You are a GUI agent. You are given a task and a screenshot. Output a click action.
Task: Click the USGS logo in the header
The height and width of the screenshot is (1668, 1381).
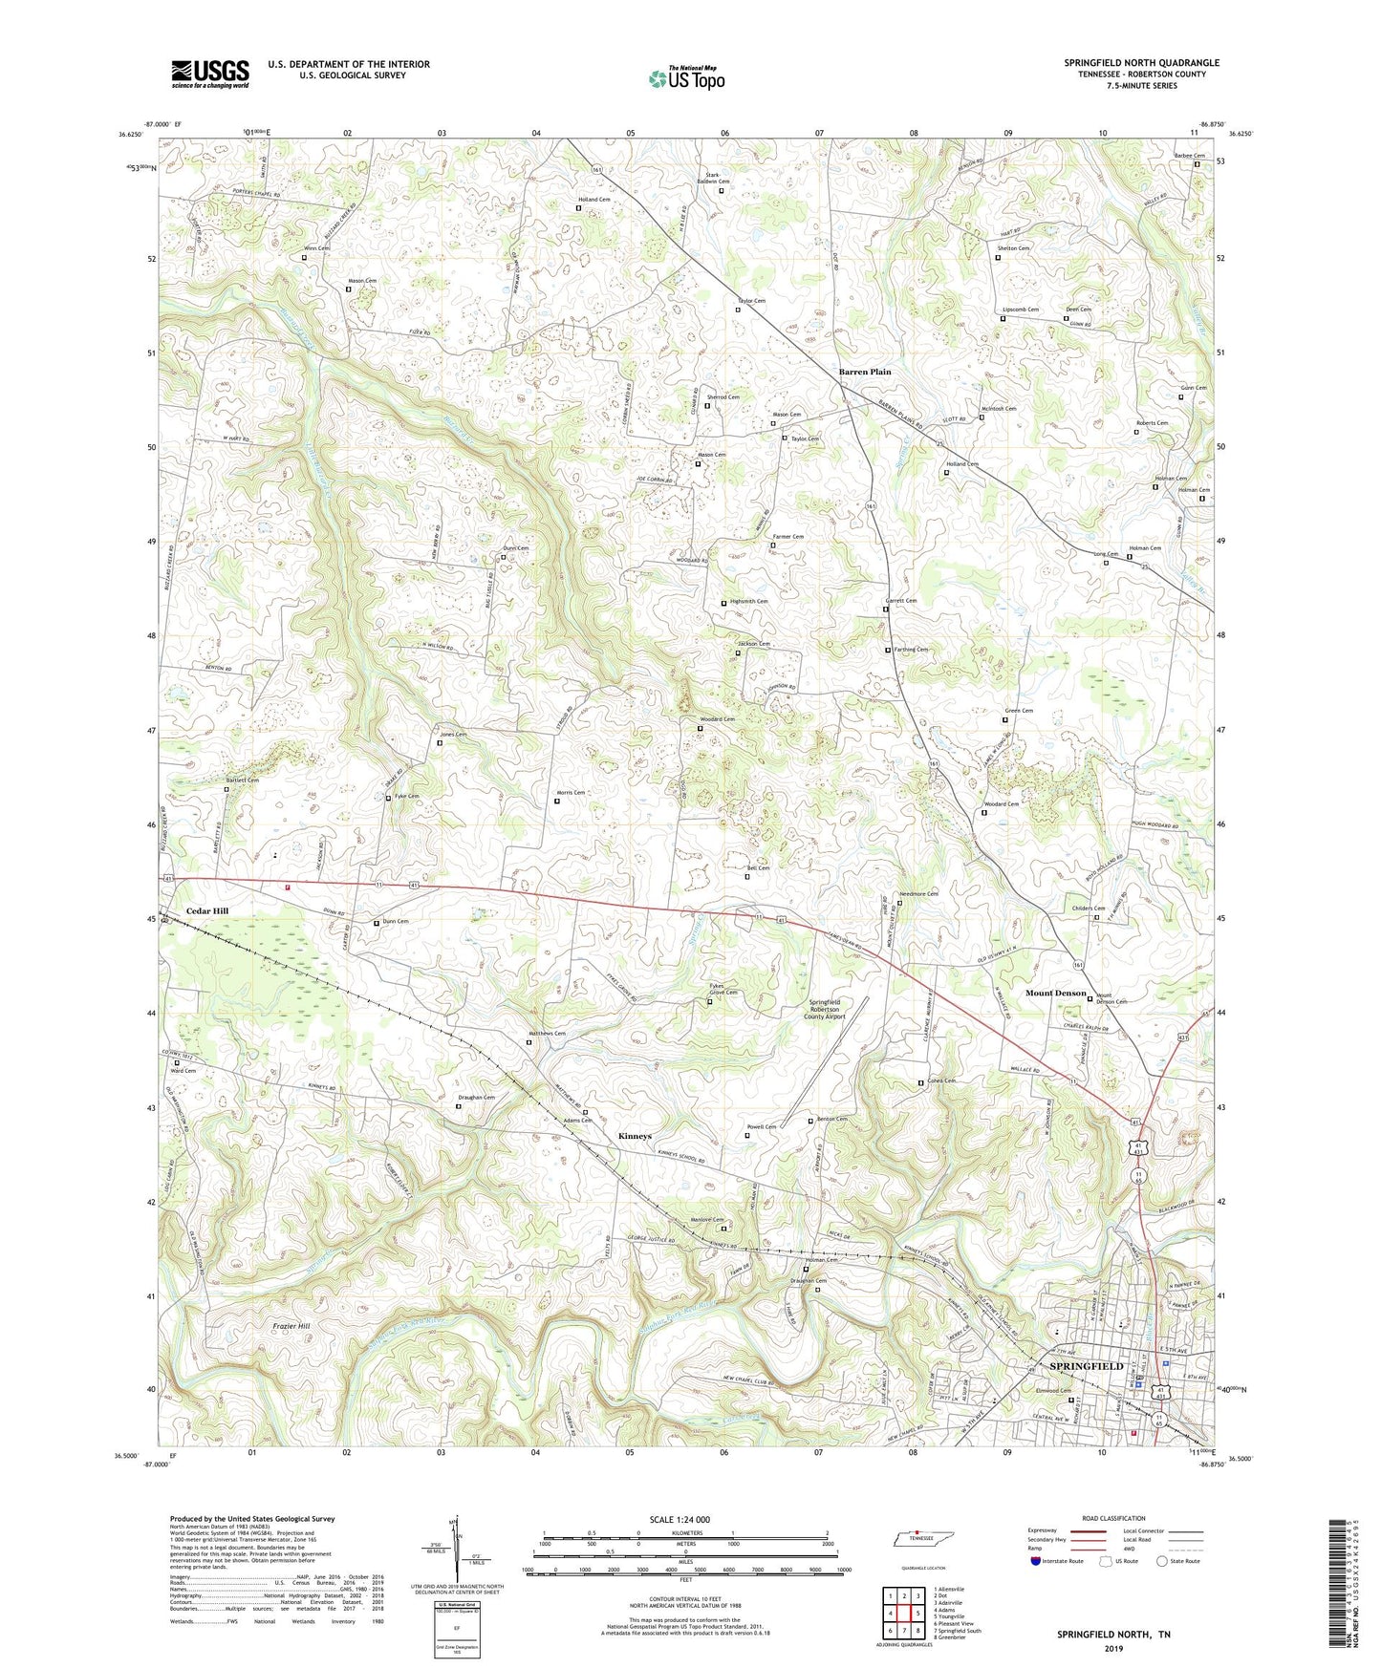[x=210, y=73]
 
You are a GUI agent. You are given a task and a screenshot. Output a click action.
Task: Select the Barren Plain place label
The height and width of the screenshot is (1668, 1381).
[x=865, y=372]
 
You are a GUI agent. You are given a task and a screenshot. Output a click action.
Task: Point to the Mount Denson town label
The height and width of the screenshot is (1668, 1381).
[x=1055, y=993]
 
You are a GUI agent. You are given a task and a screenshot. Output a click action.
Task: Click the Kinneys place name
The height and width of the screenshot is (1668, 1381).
[x=635, y=1136]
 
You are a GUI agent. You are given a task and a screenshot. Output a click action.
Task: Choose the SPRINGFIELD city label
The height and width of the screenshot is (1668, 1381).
[x=1087, y=1366]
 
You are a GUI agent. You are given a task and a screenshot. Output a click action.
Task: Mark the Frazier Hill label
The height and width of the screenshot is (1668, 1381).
[x=291, y=1326]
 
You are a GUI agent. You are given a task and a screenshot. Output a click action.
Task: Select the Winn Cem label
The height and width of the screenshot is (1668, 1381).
[x=316, y=248]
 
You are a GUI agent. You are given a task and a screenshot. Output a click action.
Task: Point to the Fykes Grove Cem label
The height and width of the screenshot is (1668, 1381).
[x=723, y=989]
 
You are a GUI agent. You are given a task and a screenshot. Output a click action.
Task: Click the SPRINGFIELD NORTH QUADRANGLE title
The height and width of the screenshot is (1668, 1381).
[x=1141, y=63]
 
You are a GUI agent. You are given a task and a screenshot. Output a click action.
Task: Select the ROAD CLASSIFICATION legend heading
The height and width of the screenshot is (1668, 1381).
[x=1112, y=1518]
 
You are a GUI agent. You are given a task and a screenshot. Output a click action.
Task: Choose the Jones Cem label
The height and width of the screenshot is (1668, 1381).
[x=453, y=734]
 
